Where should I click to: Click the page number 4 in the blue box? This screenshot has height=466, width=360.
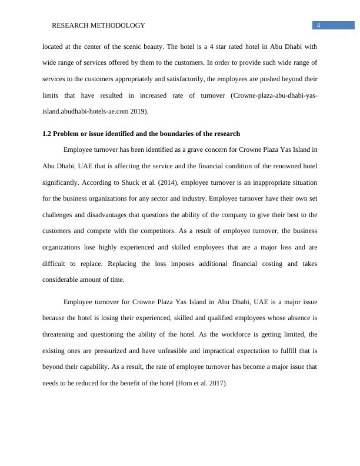click(318, 25)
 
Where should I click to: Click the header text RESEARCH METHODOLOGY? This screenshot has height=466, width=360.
click(98, 26)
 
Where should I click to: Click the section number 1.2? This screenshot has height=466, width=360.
click(47, 134)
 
